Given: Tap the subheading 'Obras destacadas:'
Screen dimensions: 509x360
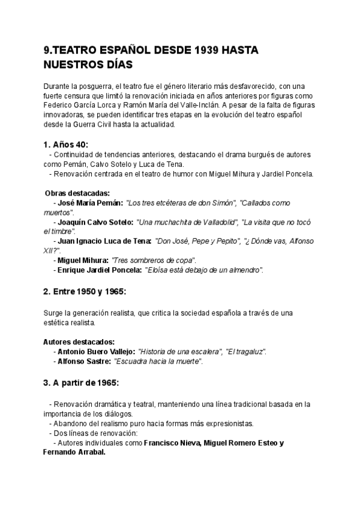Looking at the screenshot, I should click(77, 193).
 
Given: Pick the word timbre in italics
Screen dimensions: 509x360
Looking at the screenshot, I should click(62, 232).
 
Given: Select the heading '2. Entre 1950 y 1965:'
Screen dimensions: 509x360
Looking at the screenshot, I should click(85, 292).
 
